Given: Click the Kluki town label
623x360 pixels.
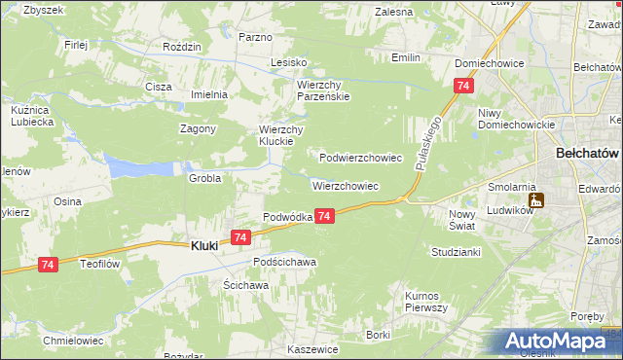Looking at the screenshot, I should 202,246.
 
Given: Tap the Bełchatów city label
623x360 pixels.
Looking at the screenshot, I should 587,154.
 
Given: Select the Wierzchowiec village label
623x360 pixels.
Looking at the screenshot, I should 345,185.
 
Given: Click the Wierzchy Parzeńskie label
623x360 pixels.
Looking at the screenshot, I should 322,90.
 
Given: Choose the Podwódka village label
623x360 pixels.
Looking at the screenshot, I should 287,217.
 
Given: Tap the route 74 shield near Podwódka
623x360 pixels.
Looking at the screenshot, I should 325,216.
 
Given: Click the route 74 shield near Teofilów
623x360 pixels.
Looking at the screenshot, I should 49,264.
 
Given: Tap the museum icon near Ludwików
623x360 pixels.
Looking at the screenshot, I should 536,201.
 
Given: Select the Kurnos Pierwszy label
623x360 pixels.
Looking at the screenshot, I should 425,301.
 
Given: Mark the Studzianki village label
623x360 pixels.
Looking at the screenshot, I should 456,251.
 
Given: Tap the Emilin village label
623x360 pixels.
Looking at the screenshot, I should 405,57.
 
